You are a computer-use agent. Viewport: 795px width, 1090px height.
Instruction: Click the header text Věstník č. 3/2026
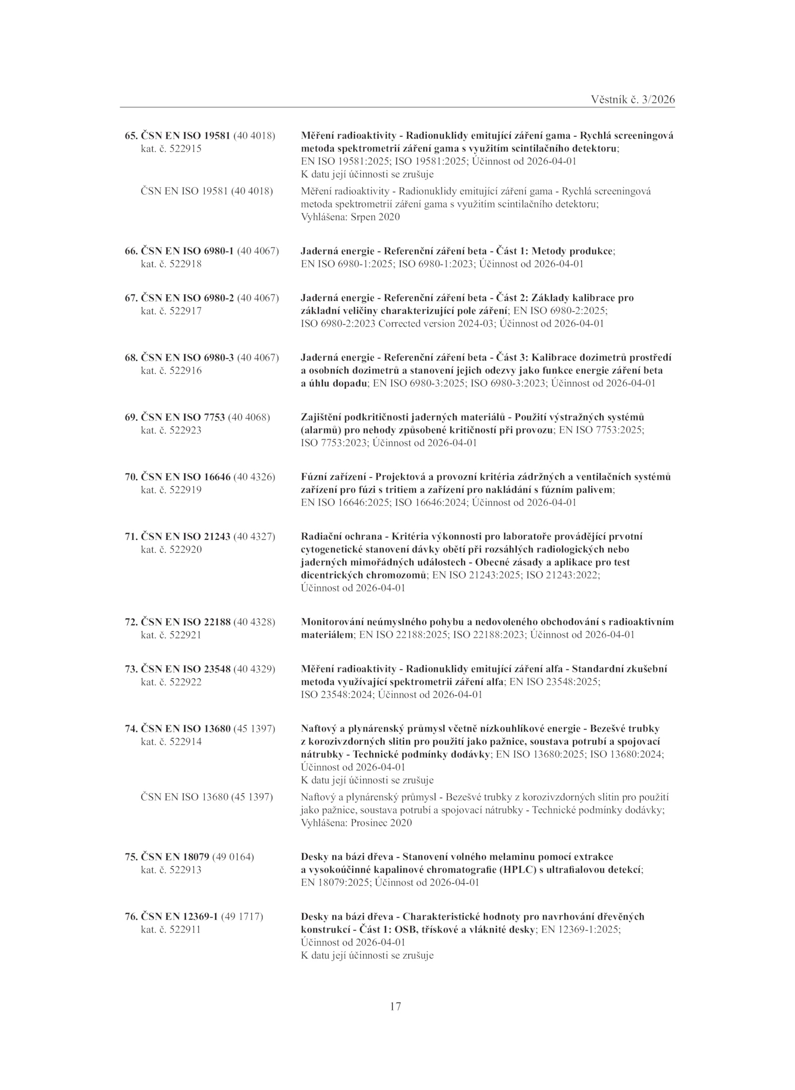coord(633,99)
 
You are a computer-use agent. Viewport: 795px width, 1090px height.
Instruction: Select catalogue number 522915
coord(185,149)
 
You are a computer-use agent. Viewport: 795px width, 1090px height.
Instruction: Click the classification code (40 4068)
coord(248,417)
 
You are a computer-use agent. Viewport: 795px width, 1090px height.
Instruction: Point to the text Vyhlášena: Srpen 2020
coord(350,217)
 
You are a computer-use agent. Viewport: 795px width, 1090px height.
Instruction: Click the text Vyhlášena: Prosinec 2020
coord(356,823)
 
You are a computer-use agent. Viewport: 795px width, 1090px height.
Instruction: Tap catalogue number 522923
coord(185,430)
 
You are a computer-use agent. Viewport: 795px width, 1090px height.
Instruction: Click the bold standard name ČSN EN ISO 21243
coord(186,537)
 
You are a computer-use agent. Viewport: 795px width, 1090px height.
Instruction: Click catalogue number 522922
coord(185,682)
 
